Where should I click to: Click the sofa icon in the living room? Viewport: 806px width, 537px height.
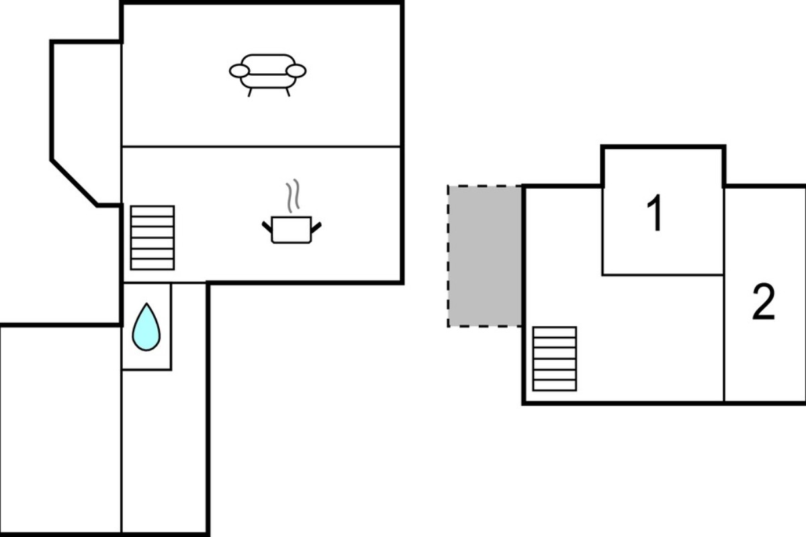click(268, 75)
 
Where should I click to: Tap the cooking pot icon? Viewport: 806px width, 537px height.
click(292, 230)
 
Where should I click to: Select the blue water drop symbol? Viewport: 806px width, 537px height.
click(146, 328)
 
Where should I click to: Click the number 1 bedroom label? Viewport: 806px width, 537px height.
click(655, 213)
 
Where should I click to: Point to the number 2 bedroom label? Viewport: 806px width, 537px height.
click(763, 301)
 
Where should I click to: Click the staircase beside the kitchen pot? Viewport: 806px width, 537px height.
click(152, 238)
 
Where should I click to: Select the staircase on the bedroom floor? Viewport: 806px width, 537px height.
click(555, 358)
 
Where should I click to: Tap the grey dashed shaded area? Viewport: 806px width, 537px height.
click(485, 256)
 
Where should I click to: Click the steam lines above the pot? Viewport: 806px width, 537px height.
click(293, 195)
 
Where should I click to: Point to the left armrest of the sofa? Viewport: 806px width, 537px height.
click(239, 71)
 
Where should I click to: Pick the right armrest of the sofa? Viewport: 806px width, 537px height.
click(296, 71)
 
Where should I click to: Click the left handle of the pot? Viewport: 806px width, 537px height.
click(267, 228)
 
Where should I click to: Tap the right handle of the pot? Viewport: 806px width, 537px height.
click(316, 228)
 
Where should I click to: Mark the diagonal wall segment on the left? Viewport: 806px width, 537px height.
click(74, 183)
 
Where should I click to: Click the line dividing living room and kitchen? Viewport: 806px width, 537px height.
click(261, 146)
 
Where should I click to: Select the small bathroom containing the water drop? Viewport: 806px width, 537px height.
click(147, 327)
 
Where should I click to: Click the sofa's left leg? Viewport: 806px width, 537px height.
click(250, 93)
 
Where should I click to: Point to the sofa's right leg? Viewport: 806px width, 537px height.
click(288, 93)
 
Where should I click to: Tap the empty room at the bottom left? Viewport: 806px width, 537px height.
click(60, 430)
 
